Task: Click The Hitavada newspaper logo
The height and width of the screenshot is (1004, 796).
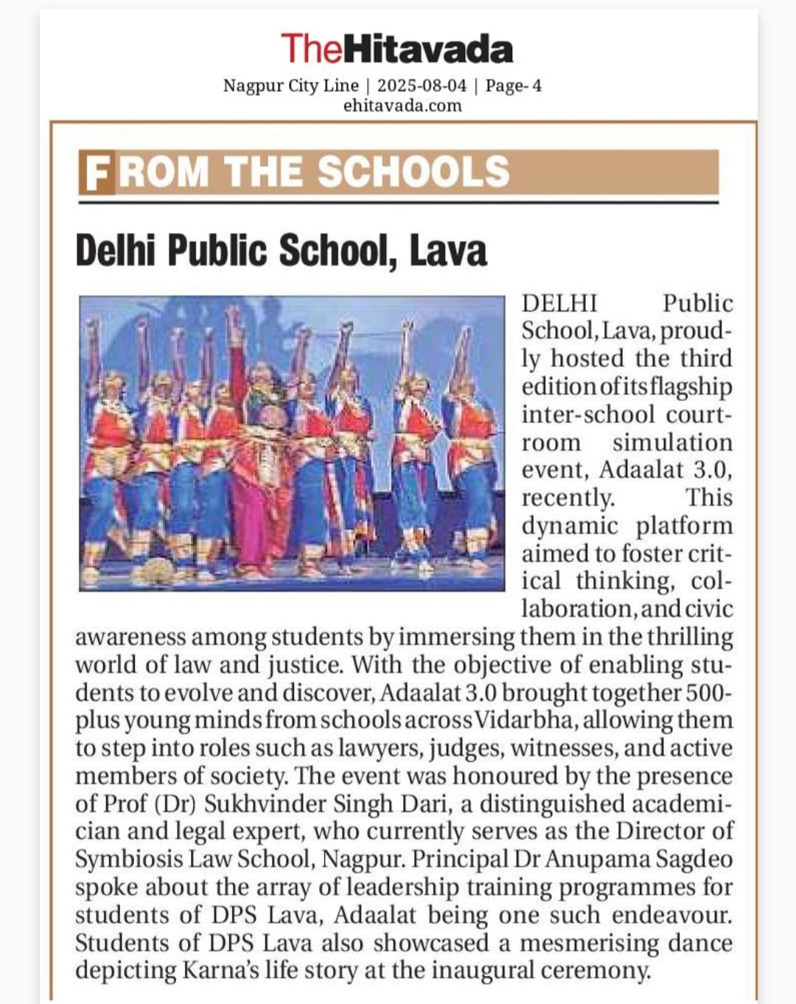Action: pyautogui.click(x=397, y=49)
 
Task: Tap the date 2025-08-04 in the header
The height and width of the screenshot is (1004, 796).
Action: pyautogui.click(x=422, y=86)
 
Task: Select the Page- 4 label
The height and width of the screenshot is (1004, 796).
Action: pyautogui.click(x=514, y=86)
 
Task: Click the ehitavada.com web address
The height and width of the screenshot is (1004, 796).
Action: pyautogui.click(x=402, y=105)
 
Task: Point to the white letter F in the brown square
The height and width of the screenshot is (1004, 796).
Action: pyautogui.click(x=97, y=172)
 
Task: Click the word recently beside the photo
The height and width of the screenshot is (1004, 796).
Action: pyautogui.click(x=568, y=498)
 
